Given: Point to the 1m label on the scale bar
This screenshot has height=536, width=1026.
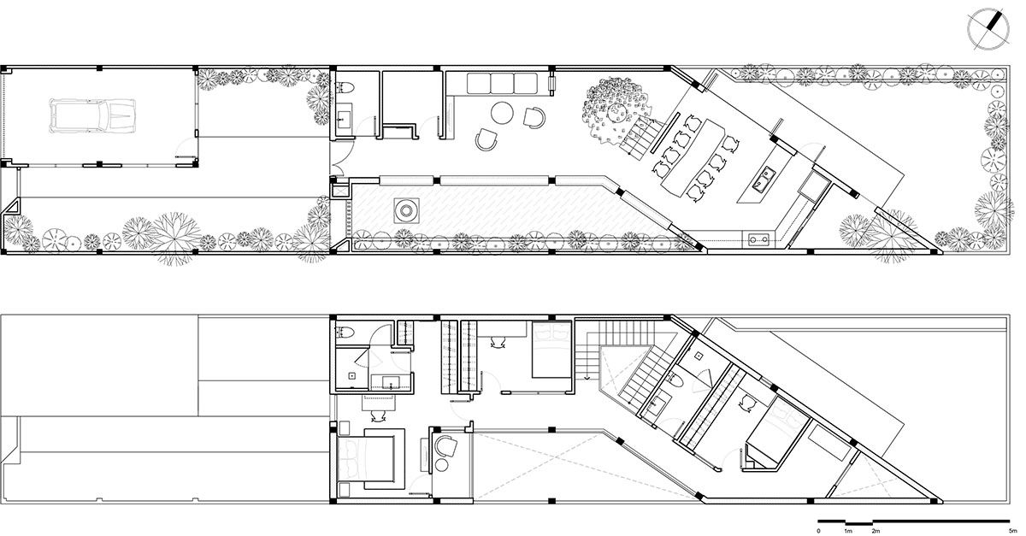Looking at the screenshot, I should (846, 530).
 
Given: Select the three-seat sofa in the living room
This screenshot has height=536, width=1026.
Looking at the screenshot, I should (499, 84).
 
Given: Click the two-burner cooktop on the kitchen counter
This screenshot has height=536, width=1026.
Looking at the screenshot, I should (756, 239).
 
